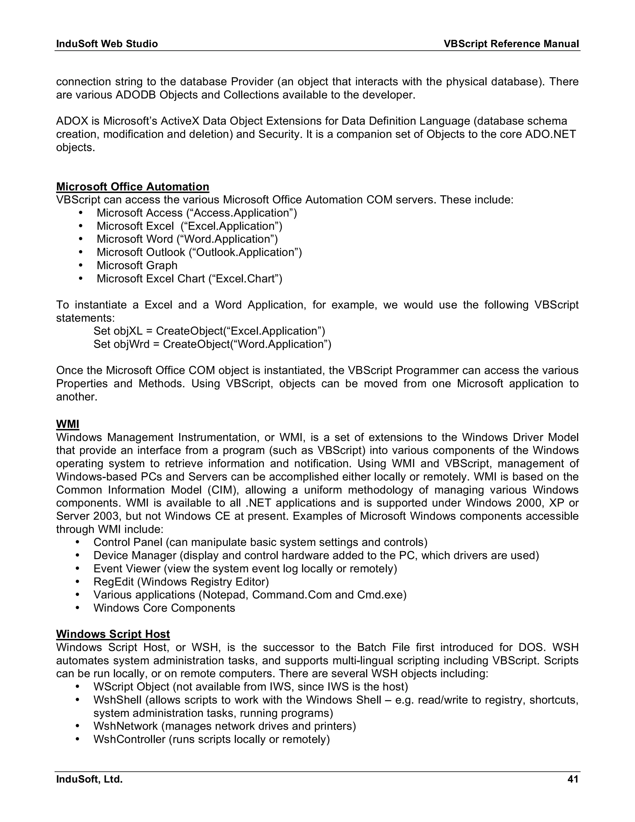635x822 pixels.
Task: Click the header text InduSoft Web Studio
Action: [107, 44]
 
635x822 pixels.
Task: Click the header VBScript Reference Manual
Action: [511, 44]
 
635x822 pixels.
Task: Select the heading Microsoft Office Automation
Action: [132, 187]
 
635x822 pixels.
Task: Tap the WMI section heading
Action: [67, 424]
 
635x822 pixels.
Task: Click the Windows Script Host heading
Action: [113, 634]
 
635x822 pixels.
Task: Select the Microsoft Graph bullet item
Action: [137, 265]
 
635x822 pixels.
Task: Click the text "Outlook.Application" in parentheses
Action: [245, 252]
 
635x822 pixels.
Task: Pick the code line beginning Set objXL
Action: [209, 331]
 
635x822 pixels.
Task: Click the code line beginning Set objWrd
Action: [212, 344]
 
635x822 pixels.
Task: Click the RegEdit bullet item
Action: [181, 582]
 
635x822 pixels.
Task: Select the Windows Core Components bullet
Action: [164, 608]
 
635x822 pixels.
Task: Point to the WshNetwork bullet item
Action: [224, 726]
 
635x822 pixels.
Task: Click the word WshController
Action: [129, 739]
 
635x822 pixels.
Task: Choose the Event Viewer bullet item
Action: [245, 569]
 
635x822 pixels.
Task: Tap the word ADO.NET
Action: [550, 134]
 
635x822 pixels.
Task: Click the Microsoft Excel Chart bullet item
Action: [189, 279]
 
